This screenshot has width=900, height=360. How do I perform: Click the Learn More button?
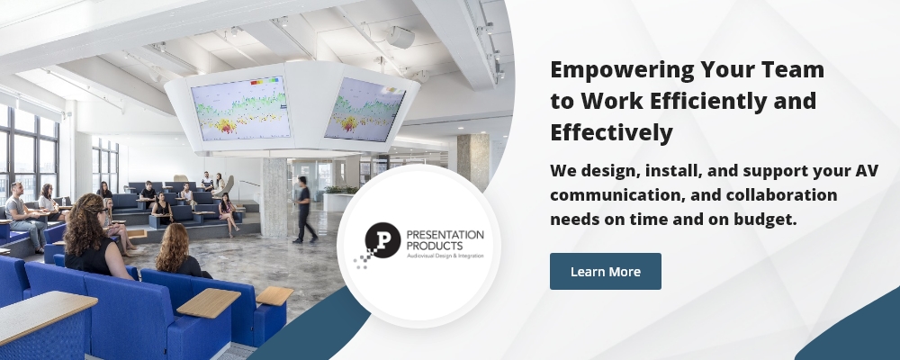coord(606,271)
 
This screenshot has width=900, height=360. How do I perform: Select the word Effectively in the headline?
coord(611,132)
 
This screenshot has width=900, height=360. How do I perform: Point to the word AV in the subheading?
coord(867,170)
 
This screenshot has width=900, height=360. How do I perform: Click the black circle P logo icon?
coord(382,240)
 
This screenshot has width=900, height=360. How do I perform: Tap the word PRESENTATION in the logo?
coord(445,235)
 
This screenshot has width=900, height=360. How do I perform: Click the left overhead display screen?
coord(240,108)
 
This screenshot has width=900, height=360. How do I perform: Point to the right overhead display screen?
coord(364,110)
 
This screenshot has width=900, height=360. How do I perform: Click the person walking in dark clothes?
coord(304,210)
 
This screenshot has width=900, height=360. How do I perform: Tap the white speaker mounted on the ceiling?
coord(400,37)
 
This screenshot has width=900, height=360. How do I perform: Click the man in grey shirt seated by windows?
coord(24,216)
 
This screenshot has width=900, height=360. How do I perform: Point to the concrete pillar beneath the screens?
coord(274,196)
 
